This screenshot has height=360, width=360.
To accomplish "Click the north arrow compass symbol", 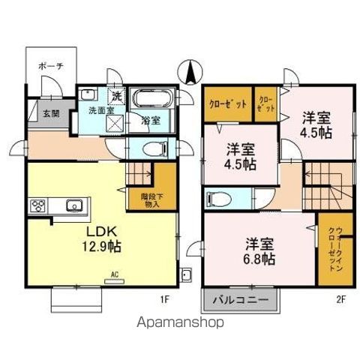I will pos(190,73).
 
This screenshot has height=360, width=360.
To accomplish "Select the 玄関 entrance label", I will pos(50,114).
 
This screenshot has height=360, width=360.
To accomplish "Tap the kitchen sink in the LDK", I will pos(73,205).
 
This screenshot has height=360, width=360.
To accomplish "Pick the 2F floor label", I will pos(341,298).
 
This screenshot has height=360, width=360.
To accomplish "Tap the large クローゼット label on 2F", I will pos(226,104).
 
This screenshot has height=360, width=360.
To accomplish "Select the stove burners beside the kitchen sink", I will pos(39,205).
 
